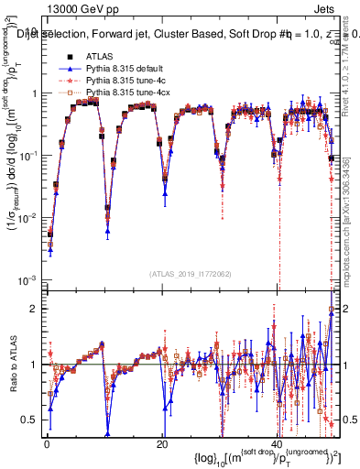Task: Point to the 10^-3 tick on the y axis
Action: [x=28, y=278]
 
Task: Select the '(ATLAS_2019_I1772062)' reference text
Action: [x=191, y=273]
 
